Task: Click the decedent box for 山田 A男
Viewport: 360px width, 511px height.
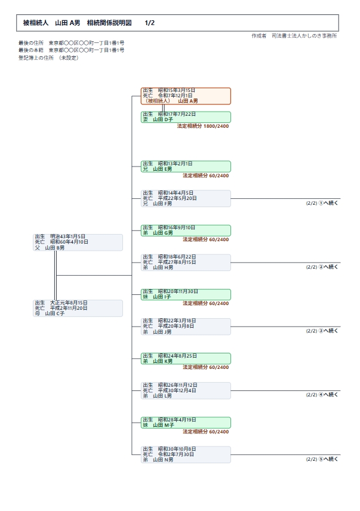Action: click(x=186, y=96)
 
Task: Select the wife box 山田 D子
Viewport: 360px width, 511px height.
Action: click(x=186, y=117)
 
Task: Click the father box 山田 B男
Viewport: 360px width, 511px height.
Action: click(x=78, y=242)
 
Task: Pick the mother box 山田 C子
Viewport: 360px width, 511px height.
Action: click(x=78, y=308)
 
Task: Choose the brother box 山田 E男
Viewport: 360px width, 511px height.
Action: click(x=186, y=166)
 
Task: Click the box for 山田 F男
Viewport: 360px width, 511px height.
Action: click(x=186, y=198)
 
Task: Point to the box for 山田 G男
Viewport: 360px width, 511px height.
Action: click(x=186, y=230)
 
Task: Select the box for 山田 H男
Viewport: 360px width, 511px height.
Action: click(x=186, y=262)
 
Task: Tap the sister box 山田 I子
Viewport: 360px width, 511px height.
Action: click(x=186, y=294)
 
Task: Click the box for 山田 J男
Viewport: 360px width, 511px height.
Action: click(x=186, y=327)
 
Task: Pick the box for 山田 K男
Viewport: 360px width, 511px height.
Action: click(x=186, y=359)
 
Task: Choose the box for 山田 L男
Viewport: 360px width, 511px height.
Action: click(x=186, y=390)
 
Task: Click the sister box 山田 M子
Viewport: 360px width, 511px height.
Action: click(x=186, y=423)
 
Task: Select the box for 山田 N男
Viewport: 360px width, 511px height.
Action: click(x=186, y=455)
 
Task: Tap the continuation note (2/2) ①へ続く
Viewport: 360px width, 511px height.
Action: click(x=322, y=203)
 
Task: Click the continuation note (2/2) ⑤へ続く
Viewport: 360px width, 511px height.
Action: click(x=322, y=459)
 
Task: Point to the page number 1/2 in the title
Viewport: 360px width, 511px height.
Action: click(x=149, y=23)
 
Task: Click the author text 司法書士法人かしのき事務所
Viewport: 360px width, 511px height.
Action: click(x=304, y=36)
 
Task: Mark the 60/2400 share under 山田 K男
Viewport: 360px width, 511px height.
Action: click(x=219, y=367)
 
